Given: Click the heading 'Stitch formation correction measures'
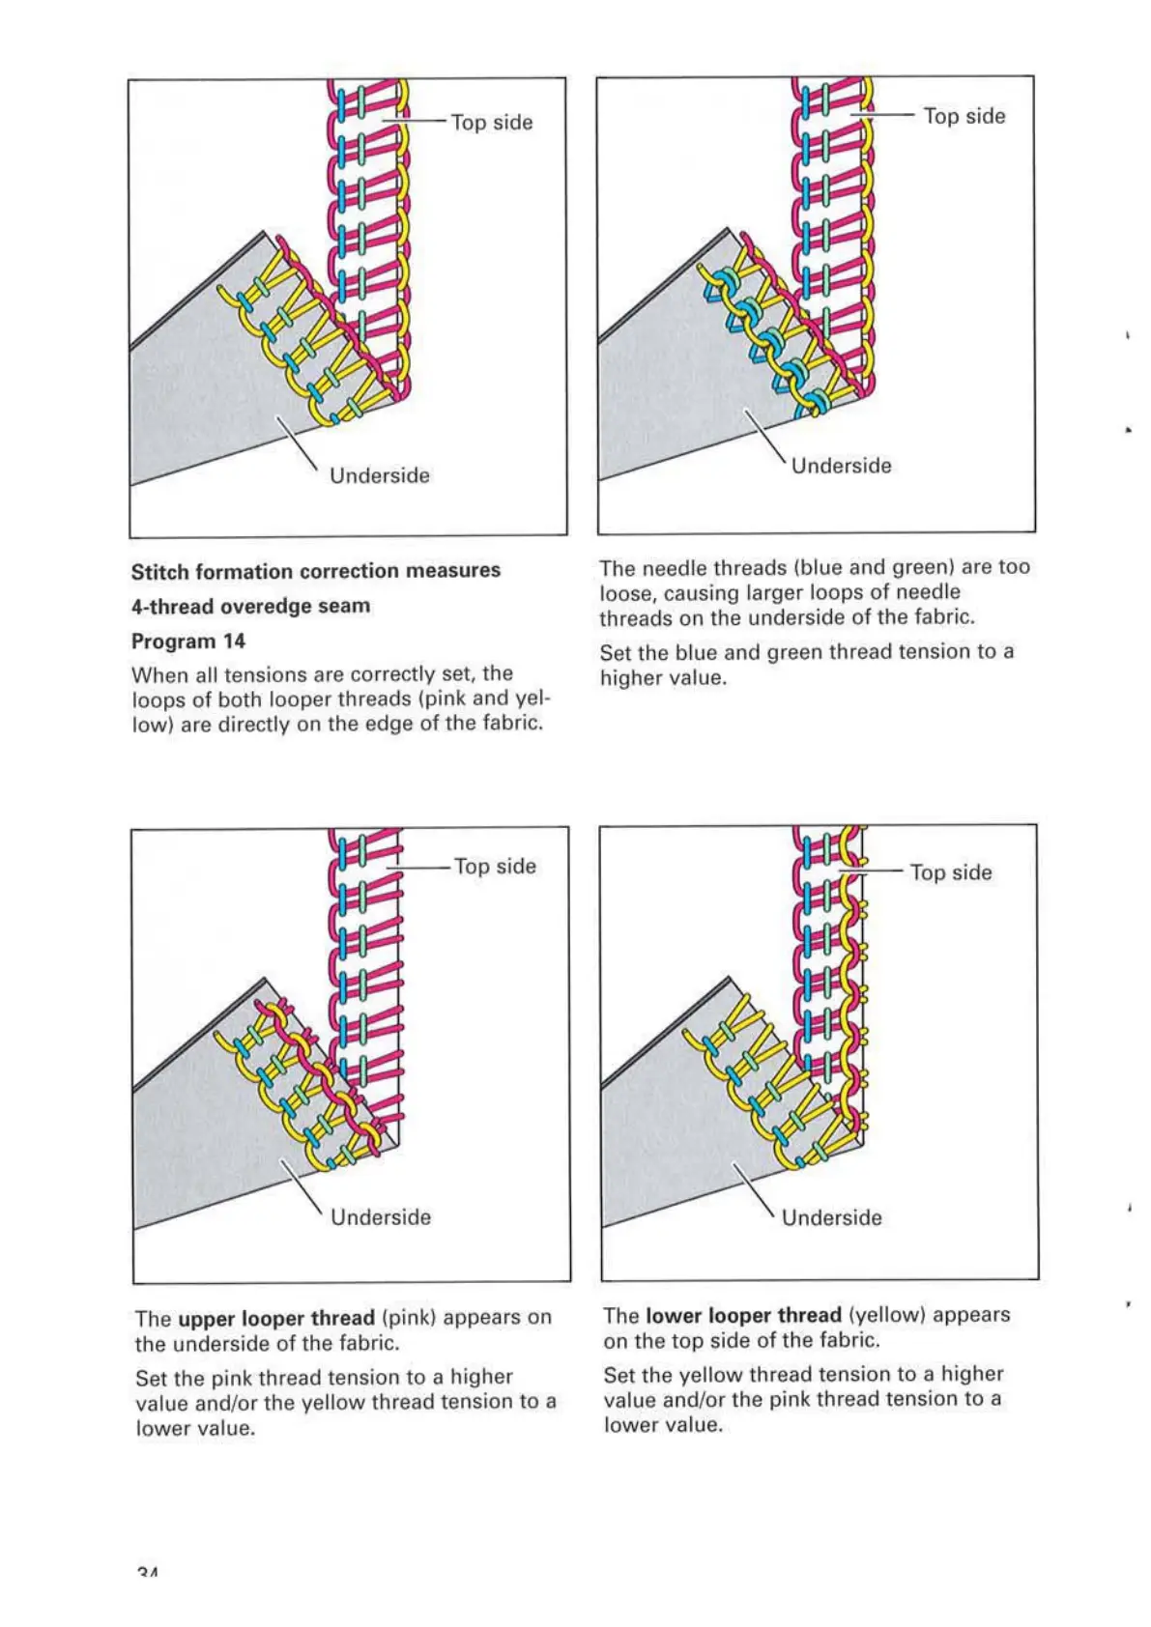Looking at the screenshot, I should pyautogui.click(x=315, y=571).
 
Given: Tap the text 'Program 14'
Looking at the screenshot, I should pyautogui.click(x=188, y=642).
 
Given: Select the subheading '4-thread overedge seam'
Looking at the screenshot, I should pyautogui.click(x=250, y=607).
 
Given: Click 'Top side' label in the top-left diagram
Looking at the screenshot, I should pyautogui.click(x=492, y=123).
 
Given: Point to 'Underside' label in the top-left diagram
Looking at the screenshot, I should pyautogui.click(x=380, y=475).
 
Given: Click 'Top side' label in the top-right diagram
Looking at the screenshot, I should pyautogui.click(x=964, y=116).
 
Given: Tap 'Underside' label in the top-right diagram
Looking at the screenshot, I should pyautogui.click(x=842, y=466).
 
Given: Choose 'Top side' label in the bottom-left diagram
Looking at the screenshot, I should pyautogui.click(x=496, y=867).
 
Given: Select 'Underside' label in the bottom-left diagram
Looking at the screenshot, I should pyautogui.click(x=381, y=1217).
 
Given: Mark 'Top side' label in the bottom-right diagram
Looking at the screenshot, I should pyautogui.click(x=952, y=872).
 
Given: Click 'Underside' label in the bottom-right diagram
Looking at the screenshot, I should pyautogui.click(x=832, y=1217).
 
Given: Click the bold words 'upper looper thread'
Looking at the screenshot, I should pyautogui.click(x=276, y=1319).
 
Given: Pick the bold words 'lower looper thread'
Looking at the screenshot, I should pyautogui.click(x=743, y=1316).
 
